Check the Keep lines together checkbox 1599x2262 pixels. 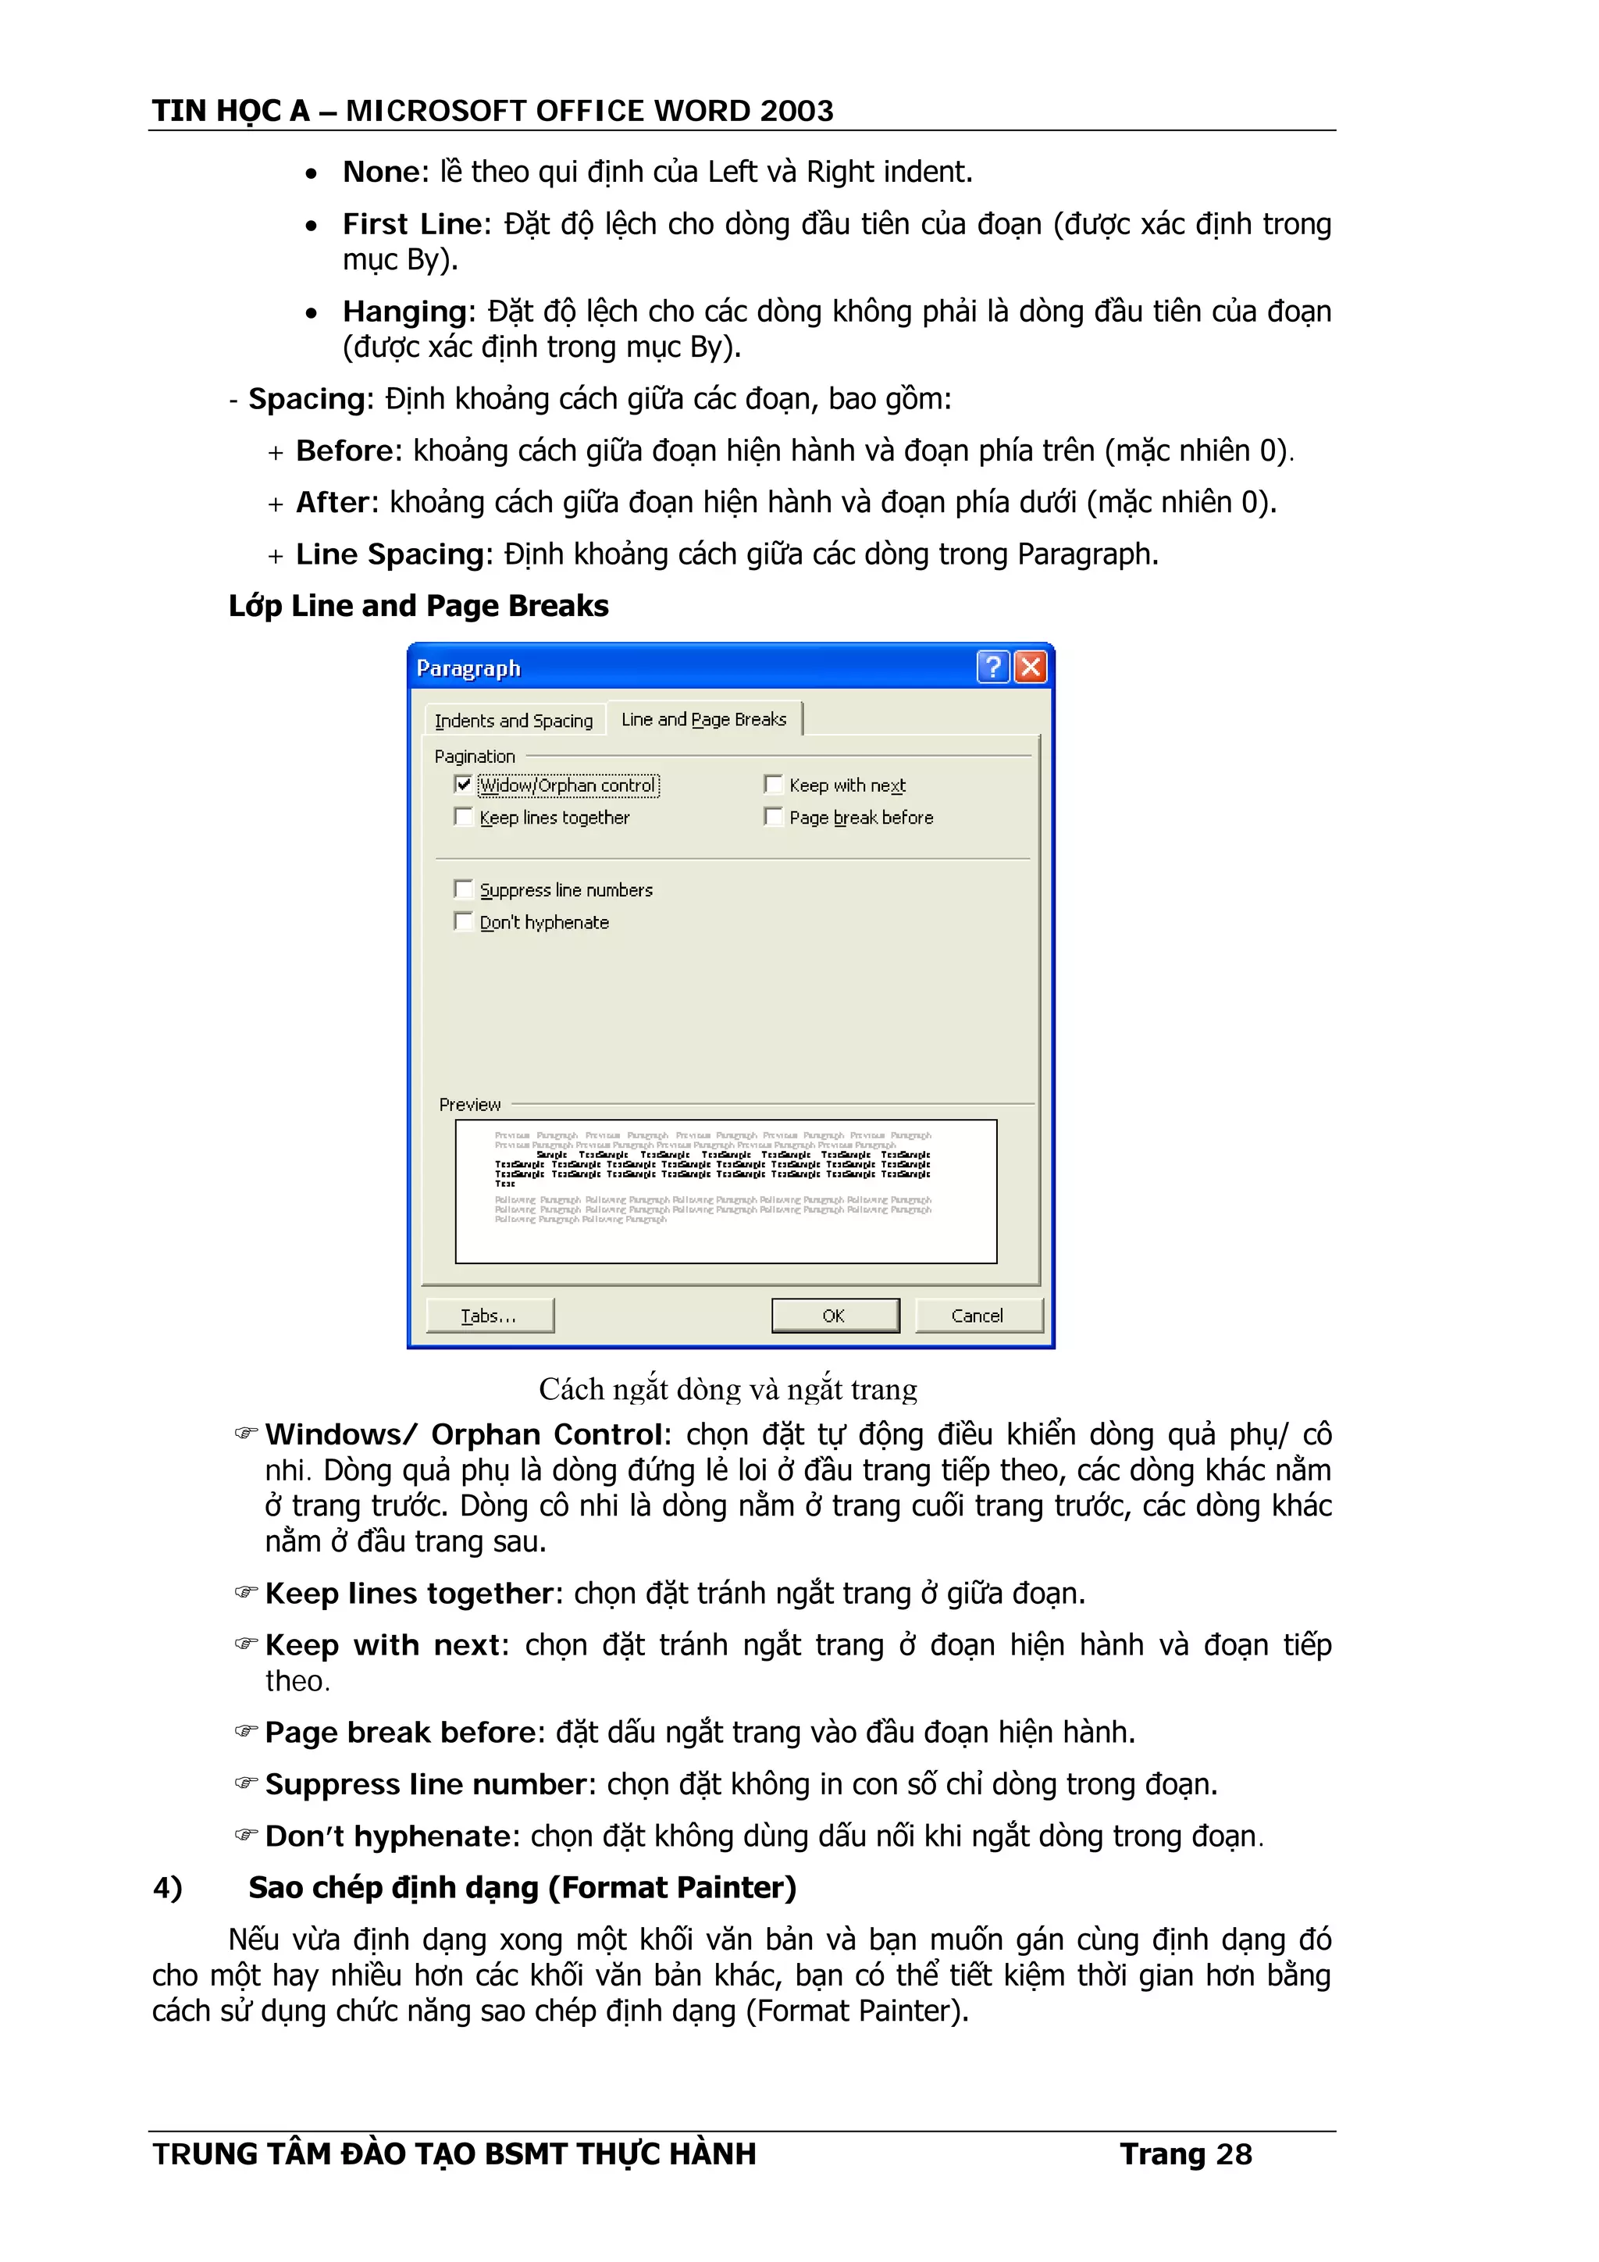click(x=463, y=817)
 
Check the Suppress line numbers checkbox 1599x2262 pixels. click(x=463, y=889)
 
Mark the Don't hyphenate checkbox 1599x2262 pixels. click(x=463, y=921)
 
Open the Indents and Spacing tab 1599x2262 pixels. click(x=513, y=720)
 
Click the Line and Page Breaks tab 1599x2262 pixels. click(x=703, y=719)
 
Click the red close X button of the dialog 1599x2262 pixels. click(x=1030, y=667)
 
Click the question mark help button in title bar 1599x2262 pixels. click(x=992, y=667)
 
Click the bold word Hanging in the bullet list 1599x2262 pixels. click(x=404, y=312)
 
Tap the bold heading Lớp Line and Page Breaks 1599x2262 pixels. click(x=418, y=605)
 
